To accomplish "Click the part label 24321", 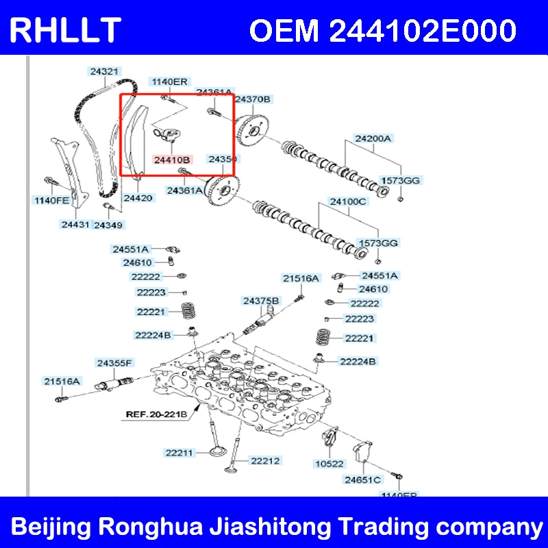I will point(104,71).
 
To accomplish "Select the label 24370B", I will point(253,99).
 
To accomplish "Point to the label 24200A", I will point(373,138).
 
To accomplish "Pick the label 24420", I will point(138,197).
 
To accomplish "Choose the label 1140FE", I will point(52,201).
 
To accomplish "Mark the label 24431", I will point(75,224).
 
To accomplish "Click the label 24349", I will point(108,225).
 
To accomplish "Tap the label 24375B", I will point(261,301).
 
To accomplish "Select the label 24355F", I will point(114,362).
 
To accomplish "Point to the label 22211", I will point(179,452).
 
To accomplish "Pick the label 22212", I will point(264,461).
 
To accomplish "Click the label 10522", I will point(329,464).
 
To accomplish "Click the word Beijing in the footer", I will point(53,528).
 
